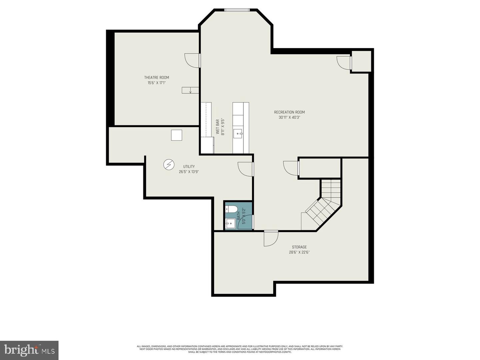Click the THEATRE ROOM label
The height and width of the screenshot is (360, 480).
pyautogui.click(x=157, y=78)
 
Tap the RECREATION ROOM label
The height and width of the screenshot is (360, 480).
pyautogui.click(x=289, y=112)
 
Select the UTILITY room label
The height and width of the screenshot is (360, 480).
pyautogui.click(x=189, y=167)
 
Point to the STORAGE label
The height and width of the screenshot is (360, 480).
pyautogui.click(x=299, y=247)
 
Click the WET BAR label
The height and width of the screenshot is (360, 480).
pyautogui.click(x=218, y=127)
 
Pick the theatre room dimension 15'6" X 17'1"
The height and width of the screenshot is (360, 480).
pyautogui.click(x=157, y=83)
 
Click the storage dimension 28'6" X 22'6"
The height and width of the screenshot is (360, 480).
pyautogui.click(x=299, y=252)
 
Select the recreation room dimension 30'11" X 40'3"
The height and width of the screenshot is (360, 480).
pyautogui.click(x=289, y=117)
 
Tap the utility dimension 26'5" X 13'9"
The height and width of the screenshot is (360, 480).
pyautogui.click(x=189, y=172)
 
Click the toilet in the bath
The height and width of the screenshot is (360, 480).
pyautogui.click(x=232, y=209)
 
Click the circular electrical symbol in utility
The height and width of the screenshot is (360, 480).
pyautogui.click(x=169, y=164)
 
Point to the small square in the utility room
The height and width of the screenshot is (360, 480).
pyautogui.click(x=176, y=135)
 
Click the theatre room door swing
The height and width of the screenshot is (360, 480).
pyautogui.click(x=192, y=60)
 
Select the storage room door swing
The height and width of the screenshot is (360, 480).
pyautogui.click(x=271, y=239)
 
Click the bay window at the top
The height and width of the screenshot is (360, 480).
pyautogui.click(x=237, y=10)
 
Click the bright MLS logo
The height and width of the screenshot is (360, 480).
pyautogui.click(x=29, y=350)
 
